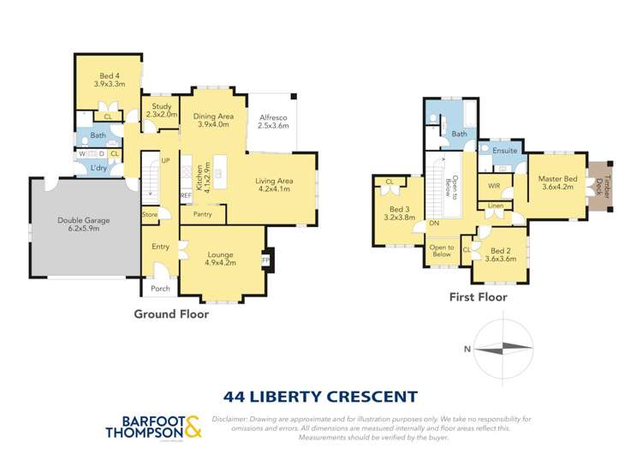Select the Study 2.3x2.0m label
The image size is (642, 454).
click(161, 109)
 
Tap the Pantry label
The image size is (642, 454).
click(202, 213)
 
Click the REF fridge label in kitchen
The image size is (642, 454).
click(186, 196)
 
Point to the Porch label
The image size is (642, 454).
click(160, 288)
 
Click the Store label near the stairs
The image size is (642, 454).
click(150, 214)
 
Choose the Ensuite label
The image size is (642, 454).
click(505, 149)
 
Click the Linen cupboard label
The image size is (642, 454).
click(496, 206)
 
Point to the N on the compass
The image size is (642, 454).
click(466, 349)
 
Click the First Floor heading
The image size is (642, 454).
click(478, 298)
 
